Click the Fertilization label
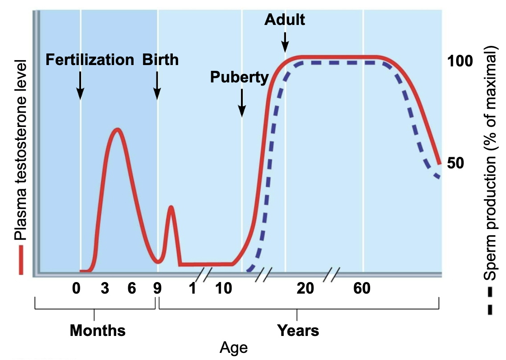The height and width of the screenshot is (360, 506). [x=90, y=60]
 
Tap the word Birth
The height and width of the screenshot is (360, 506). [x=160, y=60]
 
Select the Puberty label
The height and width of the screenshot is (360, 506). [x=240, y=77]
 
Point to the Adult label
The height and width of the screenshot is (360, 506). [x=285, y=20]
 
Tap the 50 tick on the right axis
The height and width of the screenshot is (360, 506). [x=456, y=163]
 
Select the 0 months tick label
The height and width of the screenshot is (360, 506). [x=77, y=289]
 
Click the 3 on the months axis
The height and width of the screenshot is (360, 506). [x=105, y=289]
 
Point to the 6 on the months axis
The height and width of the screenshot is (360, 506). [x=132, y=289]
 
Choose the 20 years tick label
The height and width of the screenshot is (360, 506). [x=306, y=289]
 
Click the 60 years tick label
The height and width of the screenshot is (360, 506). [x=362, y=289]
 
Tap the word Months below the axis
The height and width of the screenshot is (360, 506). [x=98, y=331]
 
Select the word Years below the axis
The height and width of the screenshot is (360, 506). [x=298, y=331]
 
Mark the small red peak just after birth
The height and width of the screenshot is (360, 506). [x=171, y=207]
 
